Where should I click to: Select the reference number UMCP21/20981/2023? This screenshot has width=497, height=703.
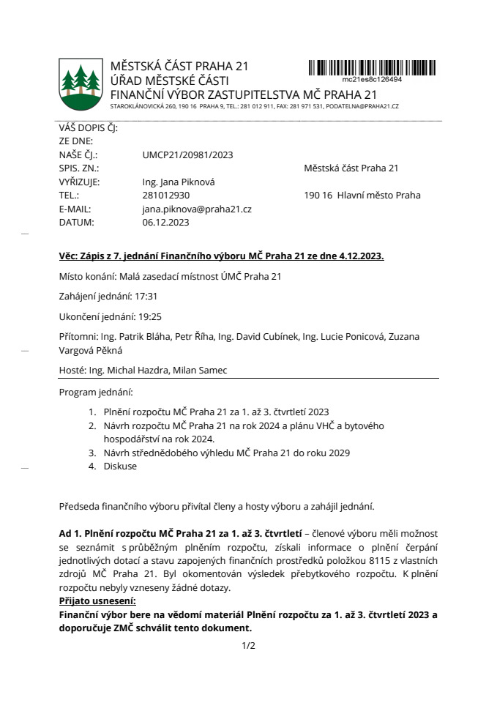coord(187,155)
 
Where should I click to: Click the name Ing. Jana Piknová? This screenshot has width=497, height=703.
coord(179,182)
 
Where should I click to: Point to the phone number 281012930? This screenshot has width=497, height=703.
coord(166,196)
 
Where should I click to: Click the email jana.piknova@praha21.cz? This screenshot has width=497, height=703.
coord(197,209)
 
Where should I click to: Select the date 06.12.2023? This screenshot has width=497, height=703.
coord(165,222)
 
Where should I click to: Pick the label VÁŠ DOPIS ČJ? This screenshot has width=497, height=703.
coord(88,128)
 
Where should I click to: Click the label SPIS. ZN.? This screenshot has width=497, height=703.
coord(80,168)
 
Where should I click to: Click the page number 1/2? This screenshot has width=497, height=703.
coord(248,646)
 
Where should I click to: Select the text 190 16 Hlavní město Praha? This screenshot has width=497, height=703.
coord(362,196)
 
